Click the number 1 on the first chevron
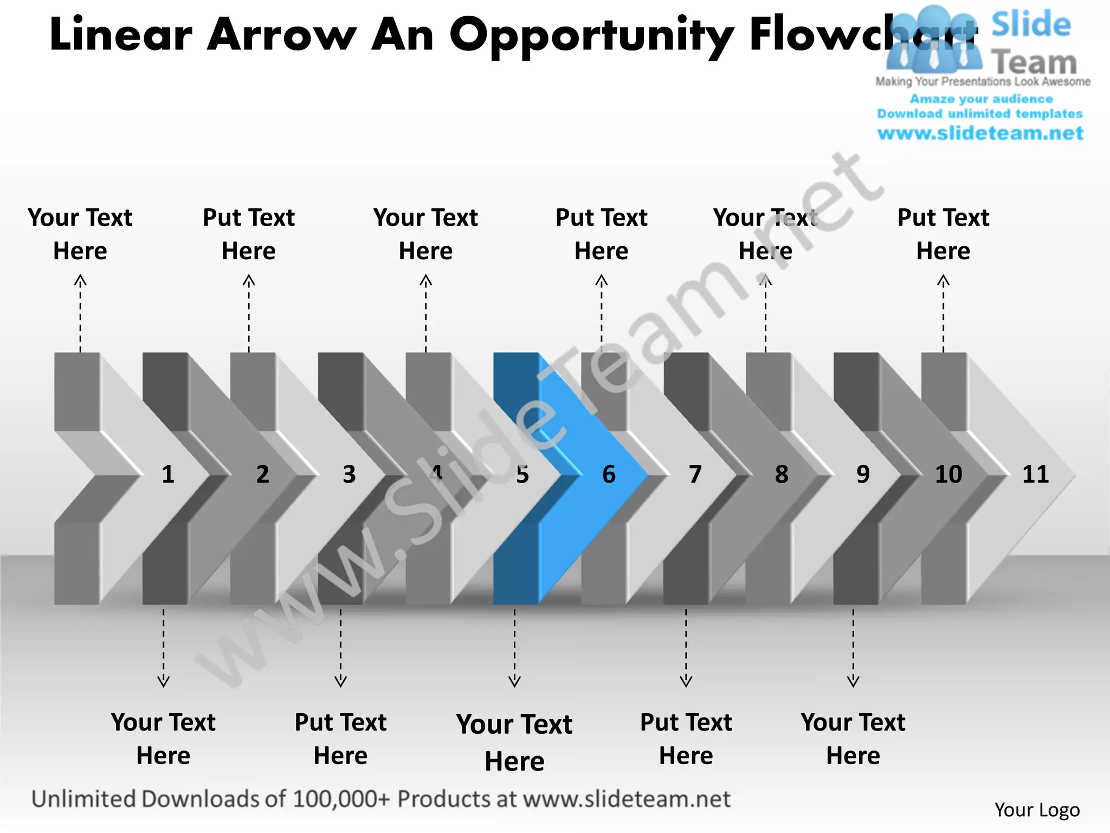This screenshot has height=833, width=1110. click(168, 475)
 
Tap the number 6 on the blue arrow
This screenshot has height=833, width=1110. click(609, 475)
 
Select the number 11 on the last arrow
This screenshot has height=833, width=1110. click(1035, 475)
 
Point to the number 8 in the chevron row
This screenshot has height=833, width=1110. click(781, 475)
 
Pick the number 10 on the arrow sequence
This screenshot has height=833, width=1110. click(948, 475)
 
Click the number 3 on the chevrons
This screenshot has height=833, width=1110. click(349, 475)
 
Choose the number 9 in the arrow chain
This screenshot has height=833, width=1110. click(863, 475)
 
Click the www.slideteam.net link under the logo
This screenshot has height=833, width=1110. click(980, 133)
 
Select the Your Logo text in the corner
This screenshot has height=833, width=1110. click(1037, 810)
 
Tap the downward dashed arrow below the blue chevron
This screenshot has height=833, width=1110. click(514, 648)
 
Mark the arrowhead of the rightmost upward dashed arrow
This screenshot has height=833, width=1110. click(943, 280)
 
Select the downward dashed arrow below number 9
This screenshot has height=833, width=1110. click(853, 648)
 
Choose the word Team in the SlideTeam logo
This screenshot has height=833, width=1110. click(1034, 62)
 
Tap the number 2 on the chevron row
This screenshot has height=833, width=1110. click(262, 475)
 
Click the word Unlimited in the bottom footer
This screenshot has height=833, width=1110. click(83, 799)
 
